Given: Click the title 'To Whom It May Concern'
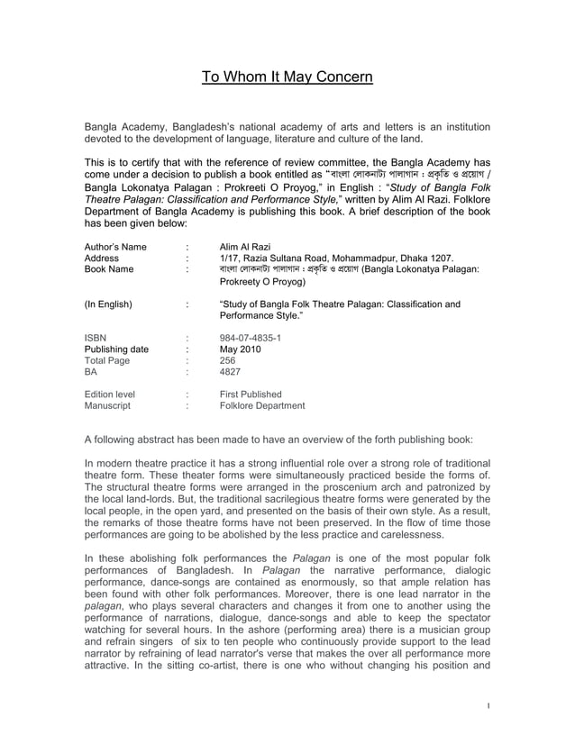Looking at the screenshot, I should (287, 77).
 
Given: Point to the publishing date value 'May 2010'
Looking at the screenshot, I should (241, 350).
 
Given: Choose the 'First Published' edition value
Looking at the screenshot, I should (251, 395).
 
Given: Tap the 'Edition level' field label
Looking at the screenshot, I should (109, 395).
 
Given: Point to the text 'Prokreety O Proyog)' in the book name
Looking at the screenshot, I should (265, 282).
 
